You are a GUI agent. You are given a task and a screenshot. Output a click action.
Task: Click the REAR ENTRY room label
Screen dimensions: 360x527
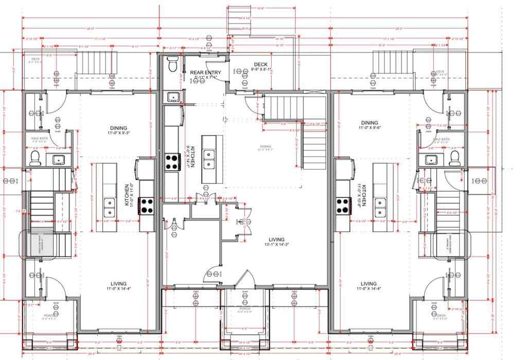point(202,73)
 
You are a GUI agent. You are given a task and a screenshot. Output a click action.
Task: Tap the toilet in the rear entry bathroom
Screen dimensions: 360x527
point(173,65)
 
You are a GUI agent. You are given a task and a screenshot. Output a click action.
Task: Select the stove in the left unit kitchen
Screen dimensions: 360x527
point(147,205)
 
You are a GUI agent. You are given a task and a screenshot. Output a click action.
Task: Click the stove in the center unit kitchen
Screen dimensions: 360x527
point(171,163)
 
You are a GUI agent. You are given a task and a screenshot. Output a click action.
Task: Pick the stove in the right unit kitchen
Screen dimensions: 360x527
point(343,205)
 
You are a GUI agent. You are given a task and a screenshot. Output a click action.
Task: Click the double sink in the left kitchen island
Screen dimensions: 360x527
point(109,207)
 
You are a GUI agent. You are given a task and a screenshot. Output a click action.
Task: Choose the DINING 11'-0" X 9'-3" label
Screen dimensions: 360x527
point(118,130)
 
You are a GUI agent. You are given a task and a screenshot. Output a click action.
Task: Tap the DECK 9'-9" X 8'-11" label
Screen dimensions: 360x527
point(260,66)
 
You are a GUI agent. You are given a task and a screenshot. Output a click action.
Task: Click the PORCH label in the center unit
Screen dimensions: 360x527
point(244,310)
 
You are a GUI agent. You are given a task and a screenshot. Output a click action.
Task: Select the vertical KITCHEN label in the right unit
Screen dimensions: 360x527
point(364,196)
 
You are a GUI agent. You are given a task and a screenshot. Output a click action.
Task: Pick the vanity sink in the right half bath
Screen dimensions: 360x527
point(431,159)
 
